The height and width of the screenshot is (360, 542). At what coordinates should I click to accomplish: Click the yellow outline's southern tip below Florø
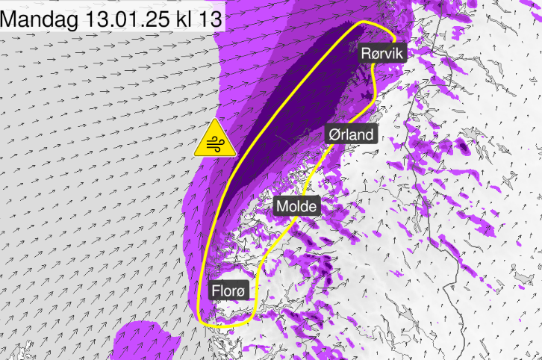click(x=220, y=326)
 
